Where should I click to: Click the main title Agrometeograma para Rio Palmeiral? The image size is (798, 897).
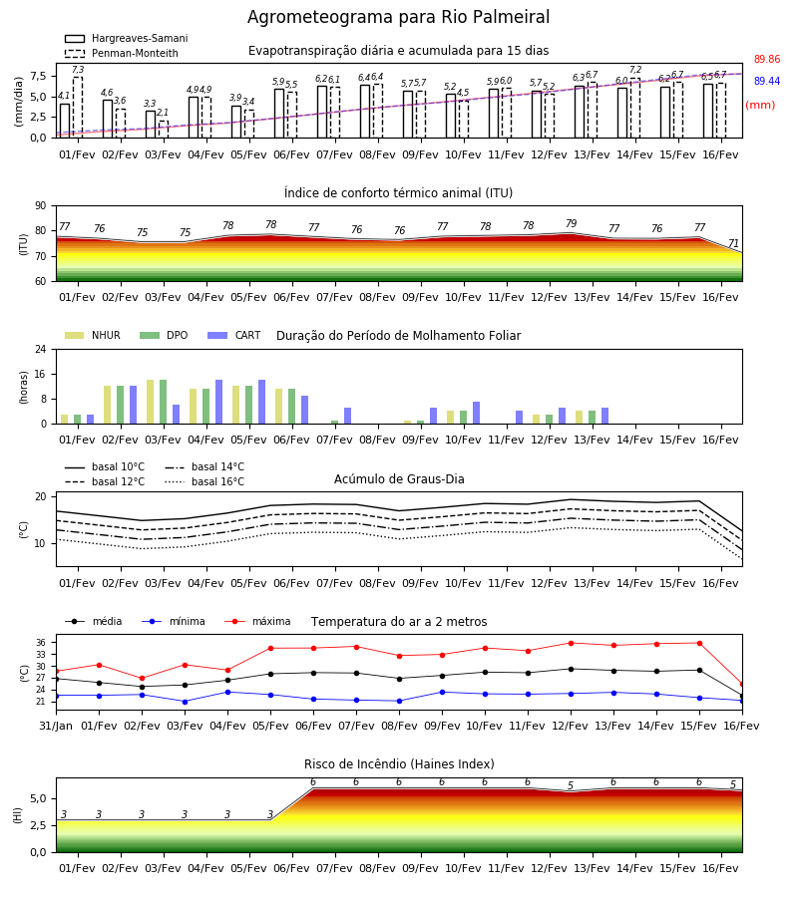(x=398, y=17)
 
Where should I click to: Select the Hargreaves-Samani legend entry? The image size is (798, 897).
(x=127, y=38)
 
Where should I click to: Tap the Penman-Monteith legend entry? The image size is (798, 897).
(x=122, y=53)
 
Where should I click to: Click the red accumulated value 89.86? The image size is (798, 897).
(x=767, y=59)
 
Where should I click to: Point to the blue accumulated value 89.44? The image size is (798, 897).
(x=767, y=82)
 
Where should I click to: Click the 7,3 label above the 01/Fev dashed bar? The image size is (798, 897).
(x=78, y=69)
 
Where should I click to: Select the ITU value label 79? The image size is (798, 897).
(x=572, y=223)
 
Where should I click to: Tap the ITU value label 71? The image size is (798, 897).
(x=733, y=244)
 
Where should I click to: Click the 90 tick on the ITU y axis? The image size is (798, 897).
(x=41, y=206)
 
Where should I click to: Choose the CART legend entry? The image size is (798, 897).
(x=234, y=335)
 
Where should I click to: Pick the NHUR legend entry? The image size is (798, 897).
(x=93, y=335)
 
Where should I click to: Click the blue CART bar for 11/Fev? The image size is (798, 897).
(x=520, y=417)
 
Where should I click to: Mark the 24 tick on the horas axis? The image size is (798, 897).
(x=41, y=349)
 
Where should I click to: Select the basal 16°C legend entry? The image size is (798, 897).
(x=204, y=481)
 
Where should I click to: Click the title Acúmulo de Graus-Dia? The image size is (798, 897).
(x=399, y=479)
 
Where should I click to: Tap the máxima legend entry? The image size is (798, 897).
(x=257, y=621)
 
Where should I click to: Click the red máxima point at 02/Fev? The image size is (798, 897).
(x=142, y=679)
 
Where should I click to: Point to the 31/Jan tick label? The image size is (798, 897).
(x=56, y=726)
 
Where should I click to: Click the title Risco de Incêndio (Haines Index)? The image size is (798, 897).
(x=399, y=764)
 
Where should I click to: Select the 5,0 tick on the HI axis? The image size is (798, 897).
(x=39, y=798)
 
